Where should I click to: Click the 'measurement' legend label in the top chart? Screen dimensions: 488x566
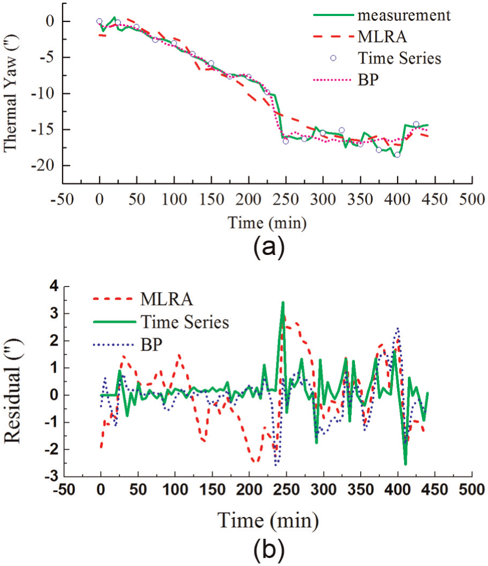point(404,15)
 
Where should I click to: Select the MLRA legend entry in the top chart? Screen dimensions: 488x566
point(382,36)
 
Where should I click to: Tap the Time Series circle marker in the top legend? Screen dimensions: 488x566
point(333,58)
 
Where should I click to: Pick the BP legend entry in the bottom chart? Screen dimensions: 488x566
point(151,345)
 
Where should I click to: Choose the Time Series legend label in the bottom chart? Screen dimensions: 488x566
point(185,322)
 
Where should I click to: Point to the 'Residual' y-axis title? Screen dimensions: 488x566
point(12,391)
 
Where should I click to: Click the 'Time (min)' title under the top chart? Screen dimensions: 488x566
point(267,223)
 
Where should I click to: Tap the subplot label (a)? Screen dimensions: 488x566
point(269,248)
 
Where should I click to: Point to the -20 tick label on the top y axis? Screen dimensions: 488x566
point(42,166)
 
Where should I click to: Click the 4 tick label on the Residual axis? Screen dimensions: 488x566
point(54,286)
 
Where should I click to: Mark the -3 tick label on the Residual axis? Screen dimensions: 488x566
point(51,476)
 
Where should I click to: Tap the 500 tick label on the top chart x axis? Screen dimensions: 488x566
point(472,199)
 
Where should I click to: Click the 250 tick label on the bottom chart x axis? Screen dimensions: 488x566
point(286,490)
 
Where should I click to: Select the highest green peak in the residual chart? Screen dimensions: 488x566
point(283,302)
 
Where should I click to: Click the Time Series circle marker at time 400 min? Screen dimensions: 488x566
point(398,155)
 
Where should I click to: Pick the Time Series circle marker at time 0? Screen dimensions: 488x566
point(99,21)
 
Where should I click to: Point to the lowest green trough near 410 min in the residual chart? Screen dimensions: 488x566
point(406,464)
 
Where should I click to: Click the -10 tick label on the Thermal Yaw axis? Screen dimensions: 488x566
point(42,94)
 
